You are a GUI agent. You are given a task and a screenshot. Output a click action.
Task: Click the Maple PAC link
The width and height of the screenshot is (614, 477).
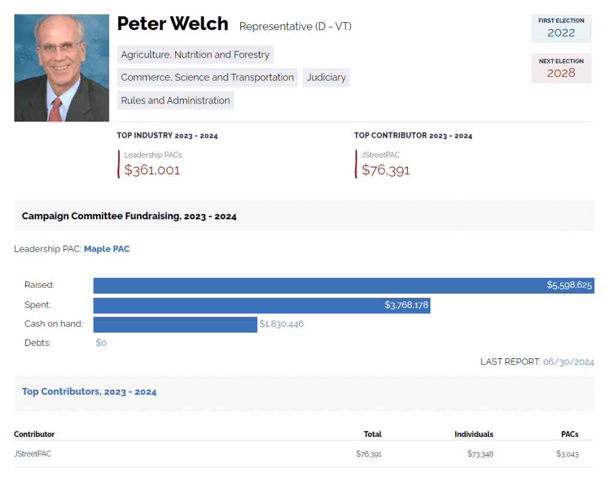click(107, 249)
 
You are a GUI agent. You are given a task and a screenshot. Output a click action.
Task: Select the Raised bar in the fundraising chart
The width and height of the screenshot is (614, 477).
click(344, 285)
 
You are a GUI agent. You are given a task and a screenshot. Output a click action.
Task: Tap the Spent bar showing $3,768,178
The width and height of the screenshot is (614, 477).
click(261, 305)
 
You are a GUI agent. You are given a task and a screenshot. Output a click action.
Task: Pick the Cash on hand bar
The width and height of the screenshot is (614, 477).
click(175, 324)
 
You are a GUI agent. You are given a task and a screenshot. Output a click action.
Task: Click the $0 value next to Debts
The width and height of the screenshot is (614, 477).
click(101, 343)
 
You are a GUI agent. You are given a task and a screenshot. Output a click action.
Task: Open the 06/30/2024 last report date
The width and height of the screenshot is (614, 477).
click(568, 362)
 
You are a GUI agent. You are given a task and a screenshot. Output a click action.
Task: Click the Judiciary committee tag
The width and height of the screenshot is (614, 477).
click(326, 77)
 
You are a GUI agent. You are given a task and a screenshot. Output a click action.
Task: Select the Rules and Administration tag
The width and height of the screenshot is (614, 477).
click(175, 100)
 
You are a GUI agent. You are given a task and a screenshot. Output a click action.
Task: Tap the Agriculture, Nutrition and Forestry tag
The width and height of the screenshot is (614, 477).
click(195, 55)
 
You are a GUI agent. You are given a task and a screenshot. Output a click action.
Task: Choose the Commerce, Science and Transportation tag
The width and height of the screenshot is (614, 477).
click(207, 77)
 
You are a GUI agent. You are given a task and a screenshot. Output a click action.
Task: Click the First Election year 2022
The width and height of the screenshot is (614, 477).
click(561, 33)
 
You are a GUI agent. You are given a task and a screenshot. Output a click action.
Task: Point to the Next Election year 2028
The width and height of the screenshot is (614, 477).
click(561, 73)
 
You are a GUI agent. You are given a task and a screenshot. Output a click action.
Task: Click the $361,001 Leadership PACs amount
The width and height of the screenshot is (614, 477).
click(152, 170)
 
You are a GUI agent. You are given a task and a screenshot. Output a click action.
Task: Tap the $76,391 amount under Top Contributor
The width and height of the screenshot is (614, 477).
click(386, 170)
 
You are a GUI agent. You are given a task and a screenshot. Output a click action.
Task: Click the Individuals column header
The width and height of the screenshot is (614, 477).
click(474, 434)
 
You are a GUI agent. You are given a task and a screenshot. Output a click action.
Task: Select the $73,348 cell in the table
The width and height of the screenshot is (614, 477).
click(480, 454)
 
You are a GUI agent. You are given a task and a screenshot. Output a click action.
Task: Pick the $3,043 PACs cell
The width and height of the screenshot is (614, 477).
click(567, 454)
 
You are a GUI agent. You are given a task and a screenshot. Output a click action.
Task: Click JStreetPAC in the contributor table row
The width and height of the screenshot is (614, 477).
click(32, 454)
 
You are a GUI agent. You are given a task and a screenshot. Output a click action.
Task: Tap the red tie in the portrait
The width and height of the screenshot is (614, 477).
click(56, 110)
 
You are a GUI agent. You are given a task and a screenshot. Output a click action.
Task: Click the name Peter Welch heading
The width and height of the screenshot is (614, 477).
click(173, 24)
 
